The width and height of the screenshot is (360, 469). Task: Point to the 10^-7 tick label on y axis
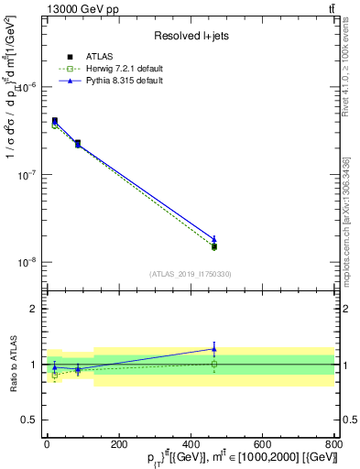(x=27, y=175)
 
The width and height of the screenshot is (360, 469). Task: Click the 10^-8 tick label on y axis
(x=27, y=262)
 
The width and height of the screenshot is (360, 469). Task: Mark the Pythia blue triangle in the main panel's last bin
(x=214, y=239)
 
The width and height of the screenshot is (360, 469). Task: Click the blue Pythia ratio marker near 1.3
(x=214, y=348)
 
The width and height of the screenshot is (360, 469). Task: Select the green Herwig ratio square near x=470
(x=214, y=364)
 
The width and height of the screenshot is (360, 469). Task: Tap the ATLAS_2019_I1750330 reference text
(x=190, y=274)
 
